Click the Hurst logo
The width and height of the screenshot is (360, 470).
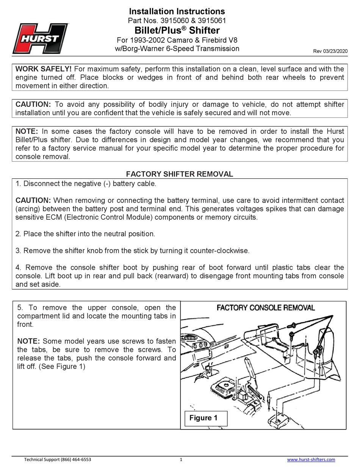[x=41, y=38]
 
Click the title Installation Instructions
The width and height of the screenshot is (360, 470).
[x=177, y=11]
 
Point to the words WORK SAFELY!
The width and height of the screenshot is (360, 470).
[x=43, y=69]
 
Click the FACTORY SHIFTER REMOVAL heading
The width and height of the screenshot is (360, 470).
[x=180, y=174]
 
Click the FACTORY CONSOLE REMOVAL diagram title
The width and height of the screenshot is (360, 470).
[x=265, y=308]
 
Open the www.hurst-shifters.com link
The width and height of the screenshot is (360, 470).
[x=311, y=459]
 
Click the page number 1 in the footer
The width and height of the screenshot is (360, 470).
[x=181, y=459]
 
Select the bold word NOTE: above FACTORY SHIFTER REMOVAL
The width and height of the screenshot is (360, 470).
[x=27, y=131]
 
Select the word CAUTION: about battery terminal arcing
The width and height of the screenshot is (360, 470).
[x=33, y=200]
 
